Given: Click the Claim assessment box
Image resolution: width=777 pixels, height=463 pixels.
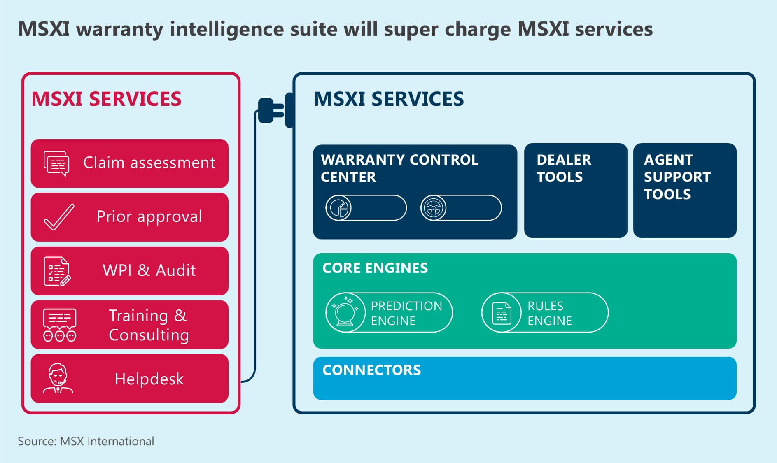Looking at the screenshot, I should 129,163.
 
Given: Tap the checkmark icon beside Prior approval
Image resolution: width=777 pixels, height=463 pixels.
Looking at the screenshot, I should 59,217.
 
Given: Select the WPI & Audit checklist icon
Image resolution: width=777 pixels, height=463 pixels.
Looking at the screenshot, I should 57,271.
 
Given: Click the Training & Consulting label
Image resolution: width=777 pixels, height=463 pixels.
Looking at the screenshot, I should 149,325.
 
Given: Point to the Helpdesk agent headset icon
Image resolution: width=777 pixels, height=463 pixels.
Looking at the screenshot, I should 58,378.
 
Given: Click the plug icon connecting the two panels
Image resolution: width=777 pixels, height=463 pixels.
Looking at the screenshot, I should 274,110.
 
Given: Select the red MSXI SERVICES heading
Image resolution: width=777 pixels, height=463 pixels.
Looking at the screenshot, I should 106,99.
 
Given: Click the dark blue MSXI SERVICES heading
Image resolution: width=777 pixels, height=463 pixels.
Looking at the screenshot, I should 388,99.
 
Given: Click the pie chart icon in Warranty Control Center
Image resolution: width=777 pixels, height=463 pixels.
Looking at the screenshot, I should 338,208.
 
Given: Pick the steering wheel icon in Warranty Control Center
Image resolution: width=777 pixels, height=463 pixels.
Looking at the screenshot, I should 433,208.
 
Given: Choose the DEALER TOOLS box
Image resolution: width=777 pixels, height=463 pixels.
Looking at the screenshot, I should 575,191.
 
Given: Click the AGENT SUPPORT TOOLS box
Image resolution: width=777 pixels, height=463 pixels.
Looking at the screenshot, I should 684,191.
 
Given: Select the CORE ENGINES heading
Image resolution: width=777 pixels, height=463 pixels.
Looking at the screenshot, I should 375,268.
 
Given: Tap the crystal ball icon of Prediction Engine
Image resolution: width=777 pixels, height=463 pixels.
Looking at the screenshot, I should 345,312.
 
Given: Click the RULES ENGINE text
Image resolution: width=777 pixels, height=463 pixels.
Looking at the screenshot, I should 549,313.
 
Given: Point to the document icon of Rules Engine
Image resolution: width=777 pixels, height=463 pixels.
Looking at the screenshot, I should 502,313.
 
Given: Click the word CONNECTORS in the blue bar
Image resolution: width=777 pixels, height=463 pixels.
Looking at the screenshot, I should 371,370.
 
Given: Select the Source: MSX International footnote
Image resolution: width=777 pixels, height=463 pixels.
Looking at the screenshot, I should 86,441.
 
